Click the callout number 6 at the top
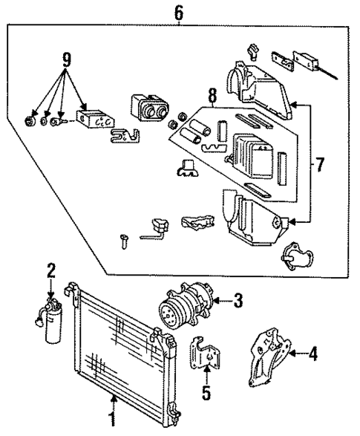[178, 13]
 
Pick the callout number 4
[312, 354]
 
